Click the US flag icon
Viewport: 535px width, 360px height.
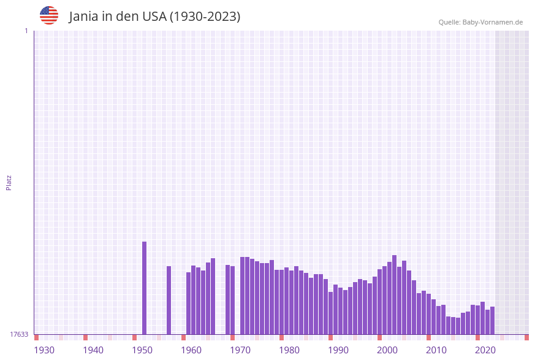click(x=49, y=15)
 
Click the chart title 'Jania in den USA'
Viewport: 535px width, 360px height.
click(x=154, y=17)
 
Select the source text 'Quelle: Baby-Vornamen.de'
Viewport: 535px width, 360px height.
click(x=480, y=22)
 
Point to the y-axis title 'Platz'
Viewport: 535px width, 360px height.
click(x=9, y=182)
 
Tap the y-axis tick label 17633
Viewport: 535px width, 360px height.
click(x=19, y=334)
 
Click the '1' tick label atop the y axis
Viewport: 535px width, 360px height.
click(x=26, y=31)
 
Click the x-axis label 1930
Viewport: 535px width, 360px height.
click(x=44, y=350)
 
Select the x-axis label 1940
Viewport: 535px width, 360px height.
click(x=93, y=350)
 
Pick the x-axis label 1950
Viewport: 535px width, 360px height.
click(x=142, y=350)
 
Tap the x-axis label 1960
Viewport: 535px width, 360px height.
click(x=191, y=350)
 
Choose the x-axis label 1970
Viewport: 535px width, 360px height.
click(x=240, y=350)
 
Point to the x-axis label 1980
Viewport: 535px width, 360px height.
click(x=289, y=350)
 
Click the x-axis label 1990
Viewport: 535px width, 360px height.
click(x=338, y=350)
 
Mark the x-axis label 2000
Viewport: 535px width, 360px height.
click(x=387, y=350)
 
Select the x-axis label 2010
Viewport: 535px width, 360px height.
click(x=436, y=350)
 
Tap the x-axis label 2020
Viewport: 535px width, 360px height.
click(x=485, y=350)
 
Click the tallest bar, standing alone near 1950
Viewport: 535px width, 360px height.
click(x=145, y=288)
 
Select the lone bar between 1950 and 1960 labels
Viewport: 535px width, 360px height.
click(x=169, y=300)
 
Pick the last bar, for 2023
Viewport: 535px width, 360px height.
click(x=492, y=320)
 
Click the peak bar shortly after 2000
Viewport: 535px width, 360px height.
click(x=395, y=294)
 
